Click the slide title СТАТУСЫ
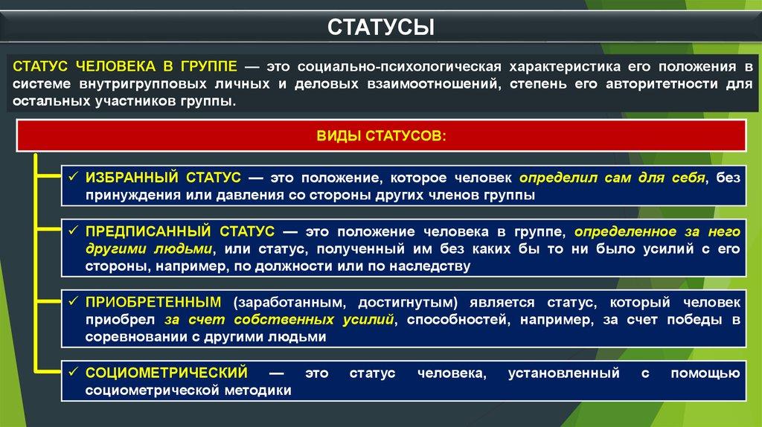(381, 28)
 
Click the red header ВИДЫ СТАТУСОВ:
(381, 135)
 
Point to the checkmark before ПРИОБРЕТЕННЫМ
(74, 301)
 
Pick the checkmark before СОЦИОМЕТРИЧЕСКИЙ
(74, 372)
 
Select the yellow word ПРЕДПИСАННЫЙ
(148, 231)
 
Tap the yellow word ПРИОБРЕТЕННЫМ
(153, 302)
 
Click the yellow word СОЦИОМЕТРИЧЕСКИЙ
(167, 373)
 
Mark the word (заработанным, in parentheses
(289, 303)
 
